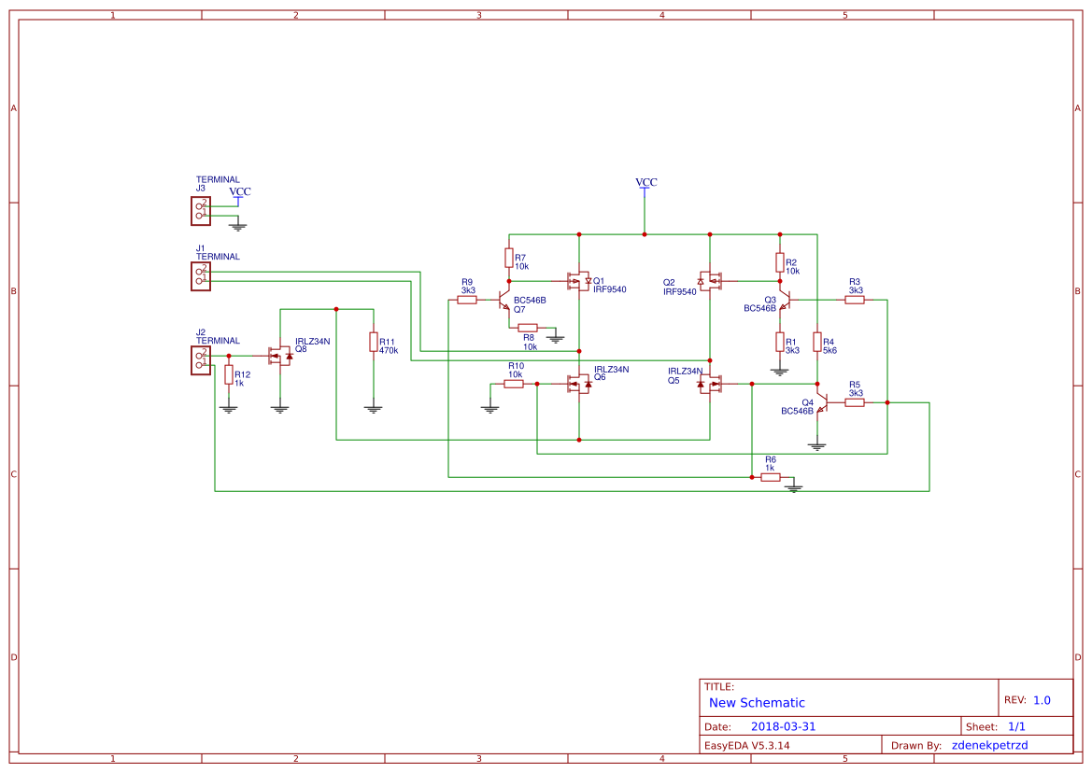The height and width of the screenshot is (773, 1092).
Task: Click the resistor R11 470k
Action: pyautogui.click(x=373, y=343)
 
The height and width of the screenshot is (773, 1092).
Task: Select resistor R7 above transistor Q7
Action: pyautogui.click(x=509, y=258)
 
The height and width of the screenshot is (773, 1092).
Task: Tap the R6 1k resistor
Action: pyautogui.click(x=771, y=477)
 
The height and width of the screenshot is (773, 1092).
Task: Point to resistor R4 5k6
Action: pyautogui.click(x=817, y=343)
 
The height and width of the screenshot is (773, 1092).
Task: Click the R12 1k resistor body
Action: pyautogui.click(x=229, y=375)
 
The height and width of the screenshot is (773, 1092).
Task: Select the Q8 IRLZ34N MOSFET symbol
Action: pyautogui.click(x=280, y=356)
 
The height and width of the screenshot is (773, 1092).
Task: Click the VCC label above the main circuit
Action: pyautogui.click(x=645, y=183)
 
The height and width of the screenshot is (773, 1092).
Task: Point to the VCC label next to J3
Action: pyautogui.click(x=240, y=192)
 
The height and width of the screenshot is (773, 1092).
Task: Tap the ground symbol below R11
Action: pyautogui.click(x=373, y=408)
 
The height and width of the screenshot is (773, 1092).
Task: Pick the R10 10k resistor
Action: pyautogui.click(x=514, y=384)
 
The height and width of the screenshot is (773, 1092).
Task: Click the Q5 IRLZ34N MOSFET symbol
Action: pyautogui.click(x=712, y=384)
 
